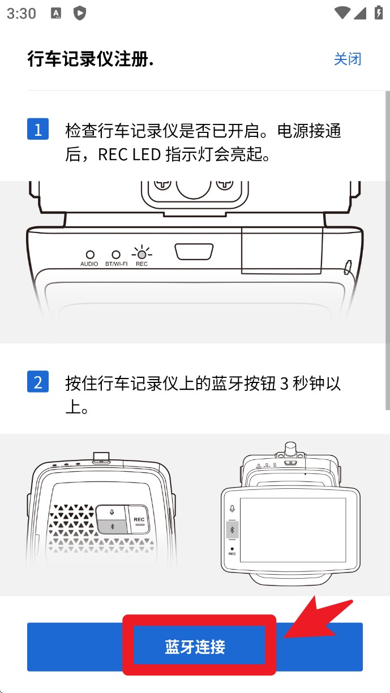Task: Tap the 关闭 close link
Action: pos(348,59)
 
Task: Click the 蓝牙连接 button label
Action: pos(195,647)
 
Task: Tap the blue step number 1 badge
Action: pos(38,129)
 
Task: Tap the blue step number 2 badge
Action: pos(38,381)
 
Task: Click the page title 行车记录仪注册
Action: pos(91,59)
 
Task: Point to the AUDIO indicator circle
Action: pos(90,255)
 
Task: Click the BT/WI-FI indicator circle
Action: pos(116,255)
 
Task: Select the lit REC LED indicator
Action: pos(142,254)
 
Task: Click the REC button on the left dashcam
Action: pos(139,519)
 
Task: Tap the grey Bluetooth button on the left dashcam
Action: pos(112,527)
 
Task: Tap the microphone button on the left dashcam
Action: pos(112,513)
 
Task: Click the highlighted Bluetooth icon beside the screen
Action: pos(232,530)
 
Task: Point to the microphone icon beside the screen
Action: pos(232,509)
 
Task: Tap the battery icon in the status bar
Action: pos(379,13)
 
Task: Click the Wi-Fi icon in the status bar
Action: pos(342,13)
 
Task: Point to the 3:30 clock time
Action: pos(22,14)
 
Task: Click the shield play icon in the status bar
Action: pos(80,14)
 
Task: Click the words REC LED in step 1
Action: pos(130,154)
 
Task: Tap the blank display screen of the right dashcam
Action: pos(293,530)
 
